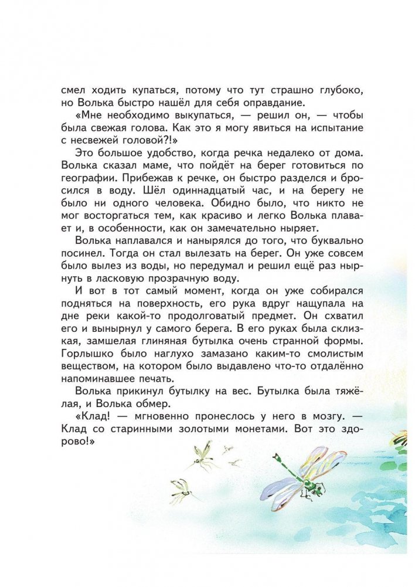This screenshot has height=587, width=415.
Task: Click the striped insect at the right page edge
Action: pos(402,436)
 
